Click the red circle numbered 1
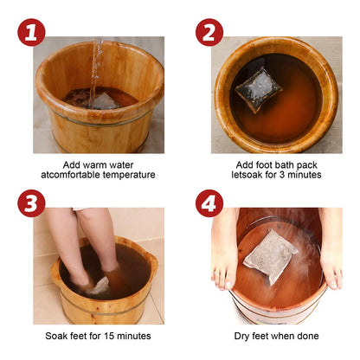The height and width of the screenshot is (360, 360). pos(33,34)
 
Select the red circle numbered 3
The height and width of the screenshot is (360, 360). pos(33,205)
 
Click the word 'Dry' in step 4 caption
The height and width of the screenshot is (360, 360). pos(243,335)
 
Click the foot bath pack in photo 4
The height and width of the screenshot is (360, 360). pos(272,254)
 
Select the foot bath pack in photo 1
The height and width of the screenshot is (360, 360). pos(105,100)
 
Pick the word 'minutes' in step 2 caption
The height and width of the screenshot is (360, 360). pos(299,175)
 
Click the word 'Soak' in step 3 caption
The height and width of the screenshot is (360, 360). pos(59,335)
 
